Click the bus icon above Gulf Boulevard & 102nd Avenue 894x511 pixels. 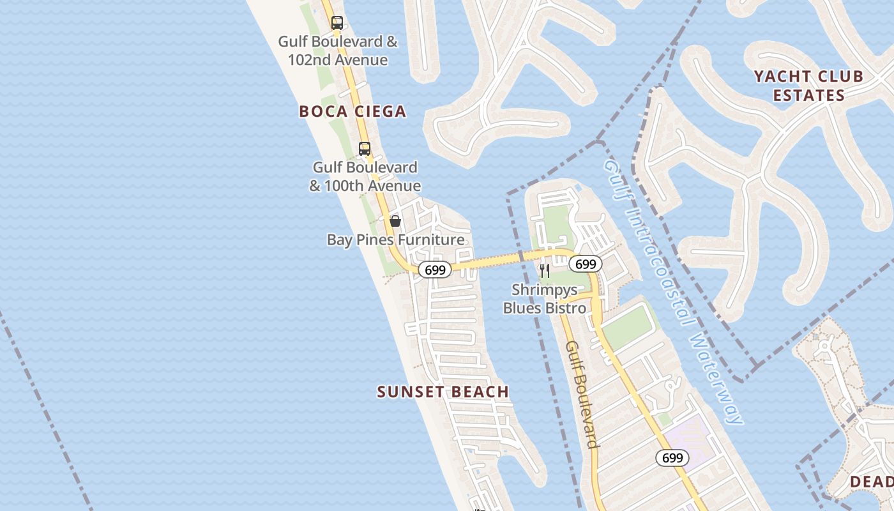point(337,23)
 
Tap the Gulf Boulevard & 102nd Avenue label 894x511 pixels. point(338,51)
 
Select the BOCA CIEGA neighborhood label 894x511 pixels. point(352,112)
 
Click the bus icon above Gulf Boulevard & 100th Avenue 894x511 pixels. point(364,149)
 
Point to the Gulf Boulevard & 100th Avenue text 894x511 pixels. point(365,177)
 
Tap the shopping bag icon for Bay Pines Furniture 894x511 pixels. point(395,221)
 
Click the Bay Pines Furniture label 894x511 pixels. point(395,240)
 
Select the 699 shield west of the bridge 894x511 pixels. point(435,270)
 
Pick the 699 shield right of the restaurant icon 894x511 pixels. point(585,264)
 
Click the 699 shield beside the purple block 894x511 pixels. point(672,458)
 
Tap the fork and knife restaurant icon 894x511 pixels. point(544,271)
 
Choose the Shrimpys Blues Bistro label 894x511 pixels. point(545,299)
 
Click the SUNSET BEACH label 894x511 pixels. point(443,392)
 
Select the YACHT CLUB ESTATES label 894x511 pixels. point(808,86)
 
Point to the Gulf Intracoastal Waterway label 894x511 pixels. point(674,291)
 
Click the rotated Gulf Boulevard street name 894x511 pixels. point(582,394)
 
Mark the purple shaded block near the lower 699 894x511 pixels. point(688,439)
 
